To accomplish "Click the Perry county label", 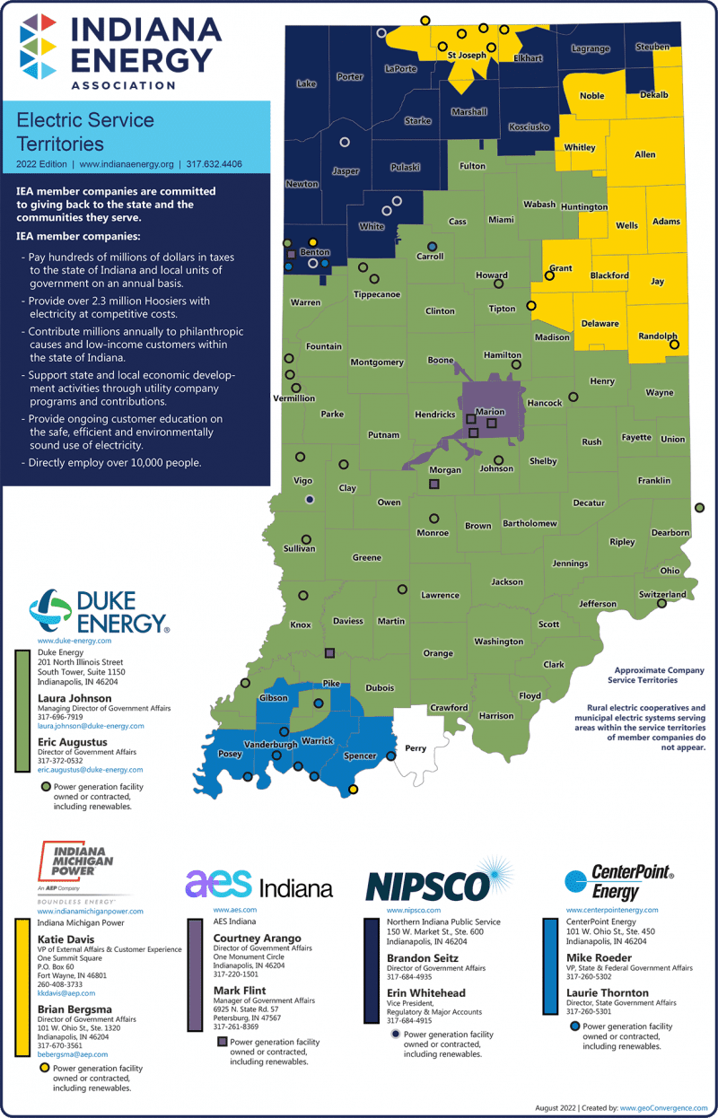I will click(x=416, y=748).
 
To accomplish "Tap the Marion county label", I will click(x=490, y=412).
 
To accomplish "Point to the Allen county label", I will click(x=644, y=155).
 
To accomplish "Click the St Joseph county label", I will click(x=467, y=56).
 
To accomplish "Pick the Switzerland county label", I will click(x=661, y=594).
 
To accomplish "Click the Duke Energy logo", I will click(x=98, y=611).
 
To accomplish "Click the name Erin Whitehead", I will click(x=425, y=993).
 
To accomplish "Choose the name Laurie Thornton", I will click(x=607, y=992).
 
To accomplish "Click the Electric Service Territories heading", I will click(x=85, y=132).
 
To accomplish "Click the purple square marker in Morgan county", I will click(x=434, y=484).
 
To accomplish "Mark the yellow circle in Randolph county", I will click(x=675, y=345).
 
